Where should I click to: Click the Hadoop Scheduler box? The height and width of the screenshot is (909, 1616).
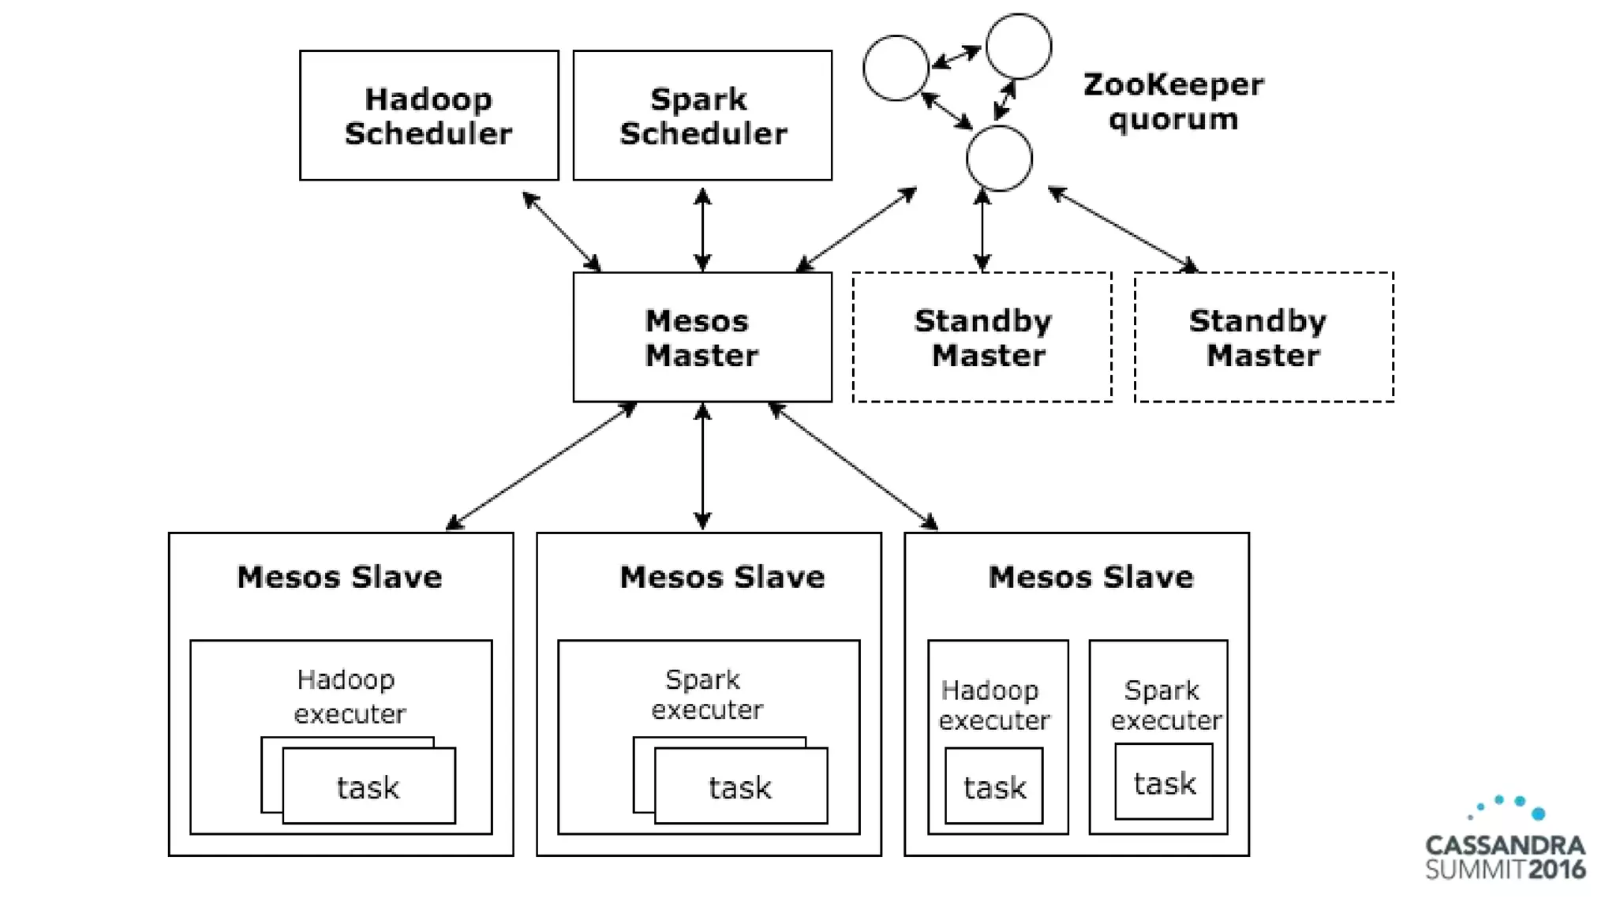click(428, 115)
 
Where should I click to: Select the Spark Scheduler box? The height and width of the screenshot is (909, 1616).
click(702, 115)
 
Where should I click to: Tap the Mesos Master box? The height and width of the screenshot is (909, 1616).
click(702, 337)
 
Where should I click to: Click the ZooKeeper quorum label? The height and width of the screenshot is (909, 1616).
click(1173, 101)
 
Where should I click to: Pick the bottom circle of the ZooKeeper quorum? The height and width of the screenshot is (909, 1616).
click(999, 159)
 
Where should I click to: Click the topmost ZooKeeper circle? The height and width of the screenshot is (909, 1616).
click(1019, 47)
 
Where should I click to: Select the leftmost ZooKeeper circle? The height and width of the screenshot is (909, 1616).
click(896, 68)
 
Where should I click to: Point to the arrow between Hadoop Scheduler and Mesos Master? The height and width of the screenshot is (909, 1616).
click(562, 231)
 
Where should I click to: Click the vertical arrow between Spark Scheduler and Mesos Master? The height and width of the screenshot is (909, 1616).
click(702, 229)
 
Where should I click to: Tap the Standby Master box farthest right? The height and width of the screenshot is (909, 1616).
click(1263, 337)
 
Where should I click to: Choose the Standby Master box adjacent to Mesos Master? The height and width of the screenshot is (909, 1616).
click(982, 337)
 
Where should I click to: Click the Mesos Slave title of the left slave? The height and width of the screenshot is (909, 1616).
click(339, 577)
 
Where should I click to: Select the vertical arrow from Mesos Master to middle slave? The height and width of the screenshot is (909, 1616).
click(702, 466)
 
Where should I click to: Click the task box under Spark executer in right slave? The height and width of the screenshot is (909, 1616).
click(1164, 782)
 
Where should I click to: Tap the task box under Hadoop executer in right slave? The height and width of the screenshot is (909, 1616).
click(994, 787)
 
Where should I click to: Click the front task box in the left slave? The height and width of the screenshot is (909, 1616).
click(368, 787)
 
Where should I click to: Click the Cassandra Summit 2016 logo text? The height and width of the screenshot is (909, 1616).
click(1505, 858)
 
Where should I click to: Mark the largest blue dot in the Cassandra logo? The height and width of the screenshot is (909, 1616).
click(1538, 814)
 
